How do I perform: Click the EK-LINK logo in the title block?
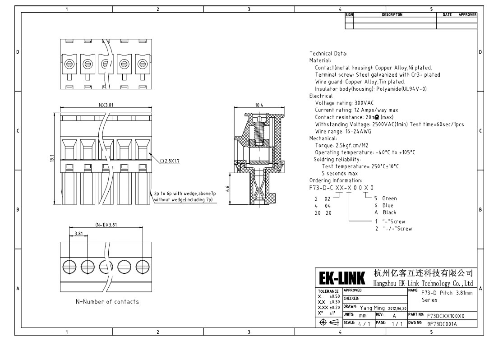coord(342,278)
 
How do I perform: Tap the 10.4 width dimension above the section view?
coord(259,105)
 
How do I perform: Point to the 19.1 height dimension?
coord(52,158)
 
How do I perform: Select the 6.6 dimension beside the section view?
coord(227,189)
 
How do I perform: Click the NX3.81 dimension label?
coord(106,105)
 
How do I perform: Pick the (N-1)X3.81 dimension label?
coord(106,225)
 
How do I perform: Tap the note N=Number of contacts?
coord(107,302)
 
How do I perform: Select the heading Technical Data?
coord(328,54)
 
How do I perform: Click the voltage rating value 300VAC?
coord(364,103)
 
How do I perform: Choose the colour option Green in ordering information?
coord(389,198)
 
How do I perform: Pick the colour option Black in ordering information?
coord(389,212)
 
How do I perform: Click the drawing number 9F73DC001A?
coord(442,324)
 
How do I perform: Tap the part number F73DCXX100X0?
coord(446,316)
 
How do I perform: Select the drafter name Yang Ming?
coord(372,308)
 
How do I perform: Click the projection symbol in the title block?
coord(329,323)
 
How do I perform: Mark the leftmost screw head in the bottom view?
coord(69,267)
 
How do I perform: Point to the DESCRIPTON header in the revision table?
coord(392,15)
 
